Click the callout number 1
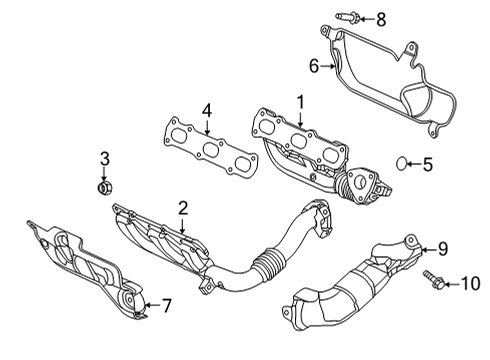[x=298, y=102]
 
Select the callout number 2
[x=183, y=208]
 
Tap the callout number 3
[x=103, y=159]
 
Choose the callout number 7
[x=167, y=304]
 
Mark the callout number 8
[x=380, y=19]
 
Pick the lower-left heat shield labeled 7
[x=85, y=265]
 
